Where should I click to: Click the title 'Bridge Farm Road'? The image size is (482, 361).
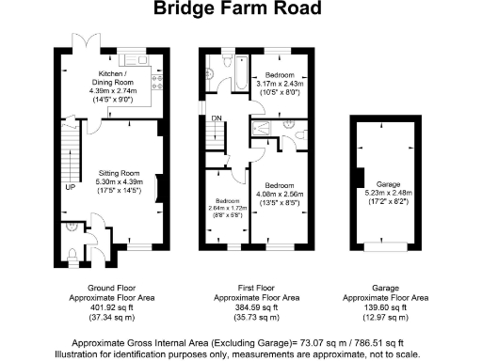pos(240,9)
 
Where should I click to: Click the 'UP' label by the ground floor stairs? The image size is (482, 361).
pos(71,187)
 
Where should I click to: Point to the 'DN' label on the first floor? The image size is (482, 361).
pos(217,118)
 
